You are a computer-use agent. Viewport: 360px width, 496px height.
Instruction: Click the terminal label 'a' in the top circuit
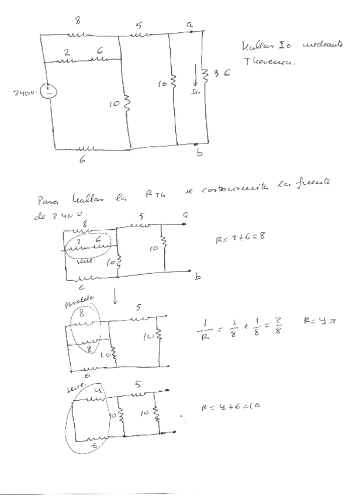pos(189,24)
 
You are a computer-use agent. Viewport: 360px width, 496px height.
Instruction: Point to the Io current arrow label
pos(196,92)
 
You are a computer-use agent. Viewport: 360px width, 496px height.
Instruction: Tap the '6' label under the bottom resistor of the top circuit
pos(82,160)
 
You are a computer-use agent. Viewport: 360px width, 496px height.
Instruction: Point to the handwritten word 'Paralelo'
pos(78,302)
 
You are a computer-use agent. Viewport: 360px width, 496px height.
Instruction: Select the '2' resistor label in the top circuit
pos(67,51)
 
